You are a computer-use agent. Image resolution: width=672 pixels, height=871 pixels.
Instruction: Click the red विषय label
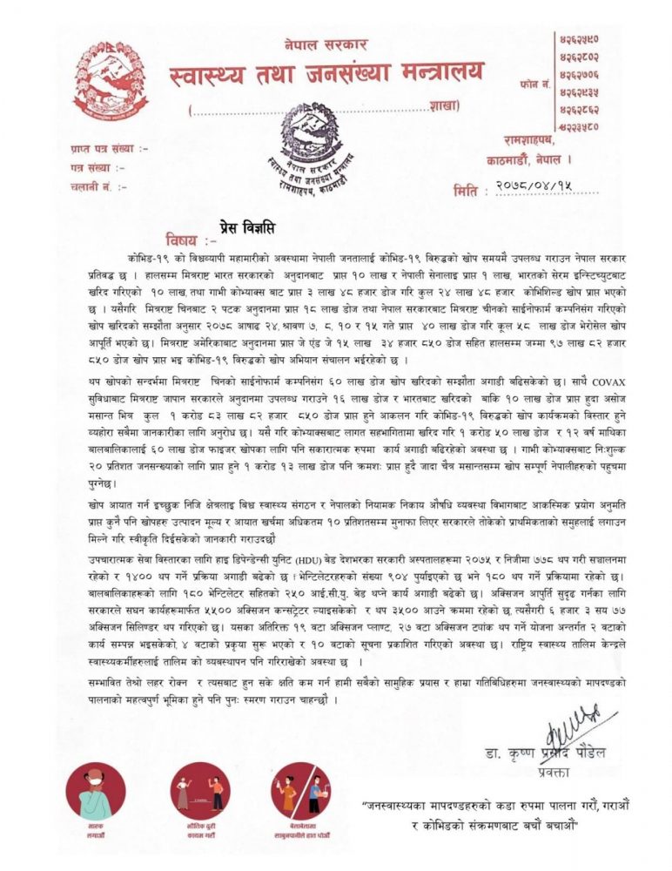point(185,240)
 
